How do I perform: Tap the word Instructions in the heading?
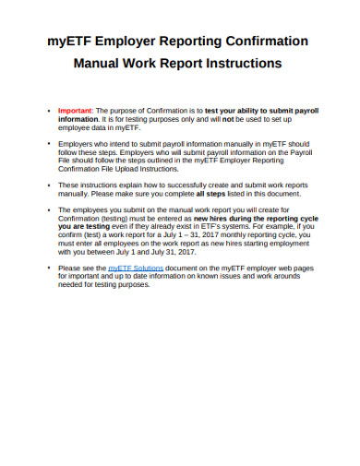click(x=238, y=65)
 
